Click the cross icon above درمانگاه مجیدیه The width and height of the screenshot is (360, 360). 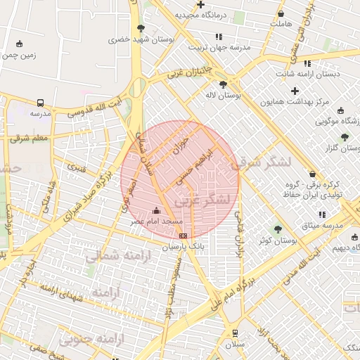201,5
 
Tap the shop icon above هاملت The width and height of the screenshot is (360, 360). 281,13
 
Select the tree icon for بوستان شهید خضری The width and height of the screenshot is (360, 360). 141,29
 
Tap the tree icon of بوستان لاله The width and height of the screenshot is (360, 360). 223,84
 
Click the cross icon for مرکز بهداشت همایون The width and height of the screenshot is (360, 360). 295,91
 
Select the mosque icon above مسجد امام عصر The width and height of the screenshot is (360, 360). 156,210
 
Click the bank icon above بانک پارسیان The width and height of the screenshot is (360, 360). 184,236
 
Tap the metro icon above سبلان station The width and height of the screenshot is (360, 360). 234,333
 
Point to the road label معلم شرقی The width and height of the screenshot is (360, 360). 30,139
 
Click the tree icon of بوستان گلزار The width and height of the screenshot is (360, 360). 345,137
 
